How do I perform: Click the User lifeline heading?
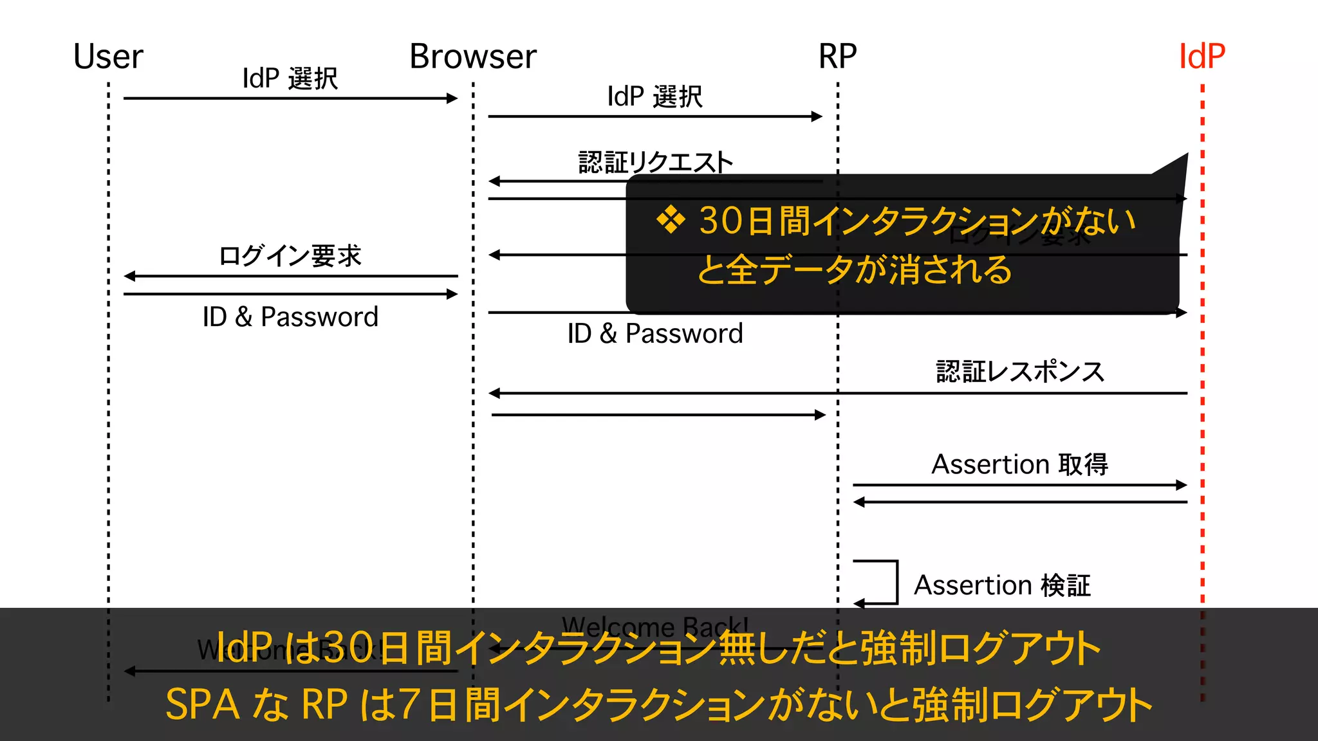point(108,57)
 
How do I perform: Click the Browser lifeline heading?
point(473,57)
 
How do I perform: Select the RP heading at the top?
point(837,57)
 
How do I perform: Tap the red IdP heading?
point(1202,57)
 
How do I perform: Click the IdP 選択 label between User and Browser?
point(290,78)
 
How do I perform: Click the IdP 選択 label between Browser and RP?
point(654,96)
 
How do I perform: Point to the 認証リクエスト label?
point(655,162)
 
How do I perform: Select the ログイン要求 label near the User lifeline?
point(290,256)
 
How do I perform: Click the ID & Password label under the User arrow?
point(290,317)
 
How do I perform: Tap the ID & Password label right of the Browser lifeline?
point(655,334)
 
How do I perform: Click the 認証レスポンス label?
point(1020,372)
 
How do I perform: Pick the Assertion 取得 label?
point(1020,464)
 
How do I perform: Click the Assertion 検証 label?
point(1002,585)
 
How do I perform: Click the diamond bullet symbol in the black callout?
point(671,221)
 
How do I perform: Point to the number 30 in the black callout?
point(721,221)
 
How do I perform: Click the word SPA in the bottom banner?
point(202,704)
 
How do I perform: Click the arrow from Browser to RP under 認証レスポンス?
point(656,415)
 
